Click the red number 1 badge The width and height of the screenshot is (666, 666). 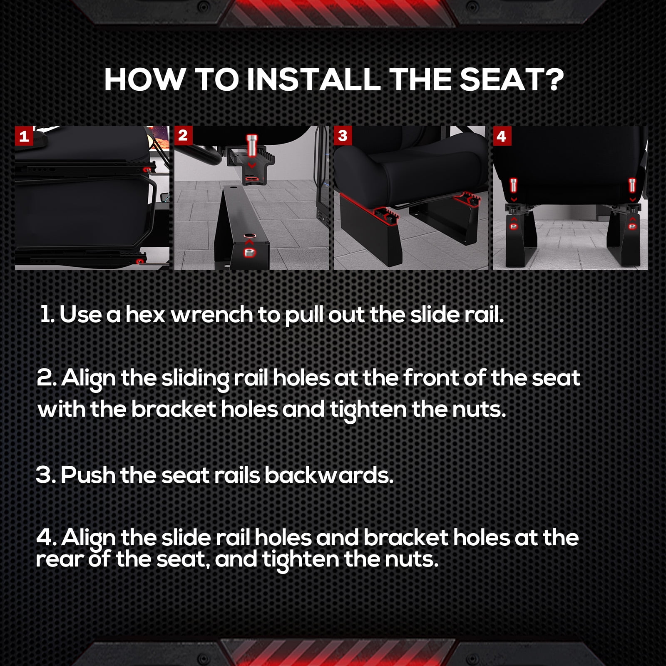pos(24,136)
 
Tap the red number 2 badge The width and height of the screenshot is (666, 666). pos(183,136)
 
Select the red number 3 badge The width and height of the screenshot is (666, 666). pos(343,136)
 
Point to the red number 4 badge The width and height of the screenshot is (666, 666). pos(502,136)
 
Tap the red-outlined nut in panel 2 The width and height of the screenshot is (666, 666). pos(250,252)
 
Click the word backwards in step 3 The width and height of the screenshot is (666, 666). pos(329,475)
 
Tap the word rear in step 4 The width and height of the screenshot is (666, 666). pos(59,559)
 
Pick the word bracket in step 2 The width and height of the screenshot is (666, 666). pos(174,409)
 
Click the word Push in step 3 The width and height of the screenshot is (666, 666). pos(88,475)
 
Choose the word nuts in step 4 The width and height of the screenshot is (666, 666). pos(411,559)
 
